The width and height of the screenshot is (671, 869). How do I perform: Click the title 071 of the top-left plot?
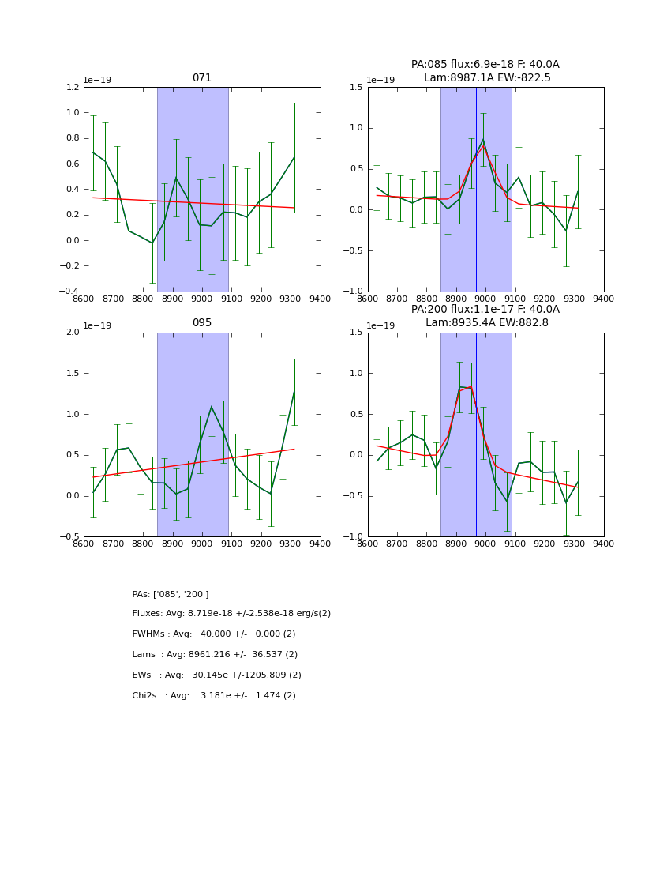202,78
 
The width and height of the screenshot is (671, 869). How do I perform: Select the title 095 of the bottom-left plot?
202,323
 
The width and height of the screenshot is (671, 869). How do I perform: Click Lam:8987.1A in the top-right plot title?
453,78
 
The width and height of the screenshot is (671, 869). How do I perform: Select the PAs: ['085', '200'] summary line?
171,594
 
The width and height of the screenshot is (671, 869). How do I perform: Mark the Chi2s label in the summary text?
147,696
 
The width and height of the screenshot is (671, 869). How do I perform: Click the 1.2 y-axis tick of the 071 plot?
73,88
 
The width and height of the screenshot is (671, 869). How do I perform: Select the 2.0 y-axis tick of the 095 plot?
73,333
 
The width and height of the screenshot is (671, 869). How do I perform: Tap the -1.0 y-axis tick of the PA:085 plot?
354,292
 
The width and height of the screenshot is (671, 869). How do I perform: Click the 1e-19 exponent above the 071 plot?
97,80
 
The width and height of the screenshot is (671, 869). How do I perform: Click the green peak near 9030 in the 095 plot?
211,406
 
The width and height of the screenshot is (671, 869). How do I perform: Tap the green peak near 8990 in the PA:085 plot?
483,140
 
